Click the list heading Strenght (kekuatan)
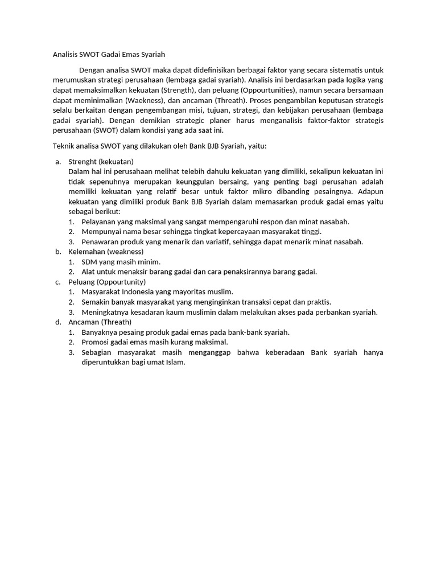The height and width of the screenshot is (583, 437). tap(101, 161)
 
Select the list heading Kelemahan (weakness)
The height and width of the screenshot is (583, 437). tap(106, 252)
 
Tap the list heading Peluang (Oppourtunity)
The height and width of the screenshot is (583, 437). tap(107, 282)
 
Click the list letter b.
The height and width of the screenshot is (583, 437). tap(58, 252)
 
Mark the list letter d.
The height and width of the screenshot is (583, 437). tap(58, 322)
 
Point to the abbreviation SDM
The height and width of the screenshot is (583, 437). tap(90, 262)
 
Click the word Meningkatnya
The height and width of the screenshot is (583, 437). tap(106, 312)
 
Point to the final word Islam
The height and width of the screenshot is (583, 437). tap(175, 363)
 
